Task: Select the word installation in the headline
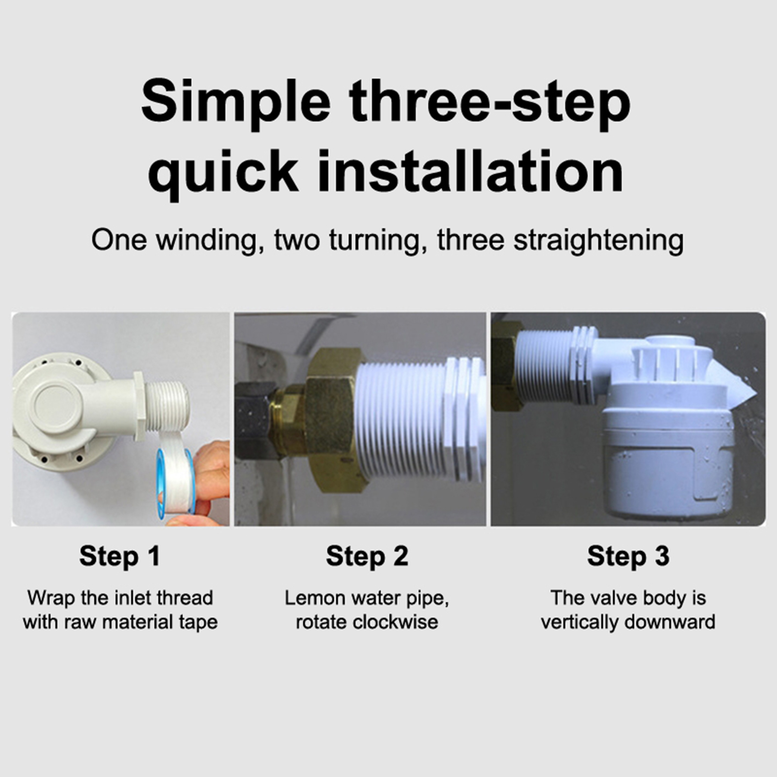(470, 171)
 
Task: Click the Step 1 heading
(119, 557)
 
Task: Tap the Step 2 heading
(367, 557)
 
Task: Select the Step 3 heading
(628, 557)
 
